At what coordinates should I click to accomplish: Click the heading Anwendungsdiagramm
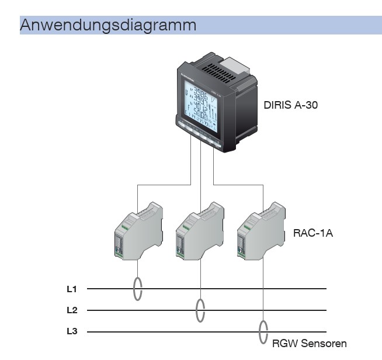coord(108,25)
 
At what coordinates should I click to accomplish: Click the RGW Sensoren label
coord(310,343)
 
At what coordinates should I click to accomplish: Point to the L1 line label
coord(72,289)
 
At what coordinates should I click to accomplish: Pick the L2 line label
coord(72,310)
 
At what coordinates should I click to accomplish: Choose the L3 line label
coord(72,332)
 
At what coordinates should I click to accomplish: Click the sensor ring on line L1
coord(138,289)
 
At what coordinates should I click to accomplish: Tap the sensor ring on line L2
coord(200,310)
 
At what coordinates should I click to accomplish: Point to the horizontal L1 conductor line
coord(234,289)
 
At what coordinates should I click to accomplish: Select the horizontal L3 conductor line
coord(175,332)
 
